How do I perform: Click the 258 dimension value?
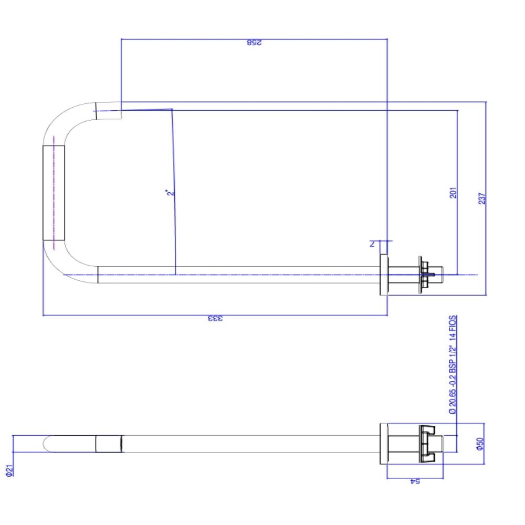[x=254, y=43]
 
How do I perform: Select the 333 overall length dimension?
[x=215, y=319]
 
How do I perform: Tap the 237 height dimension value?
[x=482, y=198]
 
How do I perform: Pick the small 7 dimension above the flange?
[x=371, y=244]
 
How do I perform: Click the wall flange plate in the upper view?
[x=384, y=275]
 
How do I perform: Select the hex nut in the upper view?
[x=423, y=275]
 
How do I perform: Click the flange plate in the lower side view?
[x=383, y=444]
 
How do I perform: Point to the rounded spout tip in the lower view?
[x=48, y=444]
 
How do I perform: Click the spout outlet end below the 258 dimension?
[x=109, y=111]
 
